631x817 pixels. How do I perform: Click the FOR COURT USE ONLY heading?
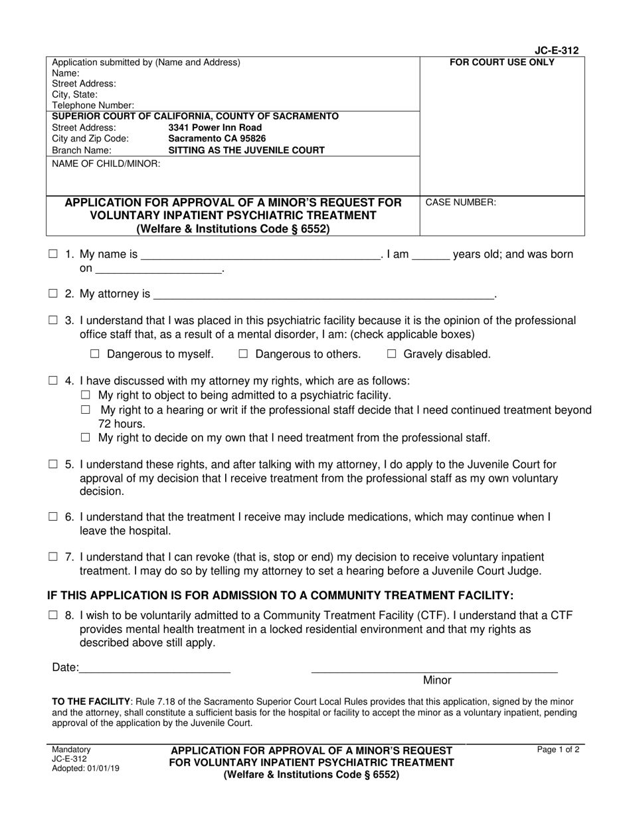502,63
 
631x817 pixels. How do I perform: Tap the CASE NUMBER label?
460,203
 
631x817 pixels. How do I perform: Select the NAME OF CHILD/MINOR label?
106,163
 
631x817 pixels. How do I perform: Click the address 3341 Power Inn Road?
215,128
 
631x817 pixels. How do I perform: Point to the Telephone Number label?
93,105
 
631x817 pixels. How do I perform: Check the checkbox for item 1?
53,254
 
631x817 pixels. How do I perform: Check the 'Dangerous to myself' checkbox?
94,354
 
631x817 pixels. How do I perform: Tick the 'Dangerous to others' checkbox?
243,354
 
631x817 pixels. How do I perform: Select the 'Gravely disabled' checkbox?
391,354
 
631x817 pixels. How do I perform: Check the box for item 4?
53,381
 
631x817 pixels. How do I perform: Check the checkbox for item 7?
53,557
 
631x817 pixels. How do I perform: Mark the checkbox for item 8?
53,616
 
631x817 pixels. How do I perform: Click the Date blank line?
155,669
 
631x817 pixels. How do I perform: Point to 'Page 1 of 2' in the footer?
558,750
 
